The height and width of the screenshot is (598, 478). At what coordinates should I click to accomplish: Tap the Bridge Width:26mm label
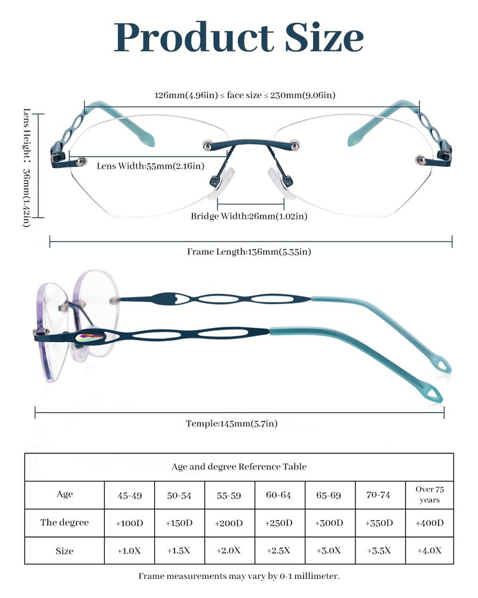click(249, 216)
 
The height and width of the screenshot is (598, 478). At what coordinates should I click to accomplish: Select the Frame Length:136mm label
click(249, 252)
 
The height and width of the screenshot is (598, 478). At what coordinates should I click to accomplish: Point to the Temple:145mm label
click(231, 423)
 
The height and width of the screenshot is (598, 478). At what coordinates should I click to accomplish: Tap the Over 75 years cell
click(429, 495)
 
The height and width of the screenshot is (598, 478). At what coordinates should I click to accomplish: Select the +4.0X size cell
click(429, 550)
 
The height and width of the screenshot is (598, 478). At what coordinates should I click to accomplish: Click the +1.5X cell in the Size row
click(179, 550)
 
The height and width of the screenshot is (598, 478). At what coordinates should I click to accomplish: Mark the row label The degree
click(65, 522)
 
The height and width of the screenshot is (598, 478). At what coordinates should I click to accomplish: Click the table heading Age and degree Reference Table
click(239, 466)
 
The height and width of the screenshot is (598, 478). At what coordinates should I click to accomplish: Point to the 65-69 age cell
click(329, 495)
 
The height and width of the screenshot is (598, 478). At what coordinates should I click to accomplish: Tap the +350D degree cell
click(379, 523)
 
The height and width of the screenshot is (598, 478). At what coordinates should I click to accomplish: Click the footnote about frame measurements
click(239, 576)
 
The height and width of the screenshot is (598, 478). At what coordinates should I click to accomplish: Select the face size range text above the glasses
click(244, 95)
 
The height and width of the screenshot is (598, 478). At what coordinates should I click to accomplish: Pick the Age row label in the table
click(65, 494)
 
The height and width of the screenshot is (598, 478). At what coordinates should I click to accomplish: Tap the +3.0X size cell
click(329, 550)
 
